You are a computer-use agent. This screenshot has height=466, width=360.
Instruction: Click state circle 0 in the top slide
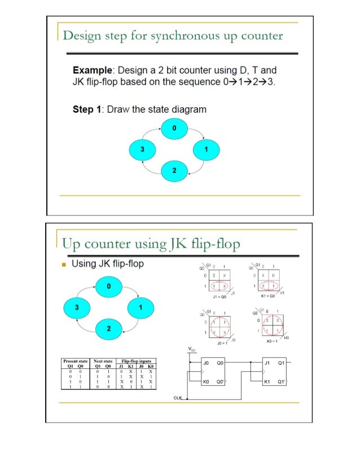pos(174,129)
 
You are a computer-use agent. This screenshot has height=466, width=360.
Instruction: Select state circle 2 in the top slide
pos(174,170)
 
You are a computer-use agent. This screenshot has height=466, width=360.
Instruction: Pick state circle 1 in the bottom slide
pos(140,307)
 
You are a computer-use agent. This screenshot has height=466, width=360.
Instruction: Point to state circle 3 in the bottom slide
pos(77,307)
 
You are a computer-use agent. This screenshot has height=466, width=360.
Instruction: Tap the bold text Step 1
pos(87,109)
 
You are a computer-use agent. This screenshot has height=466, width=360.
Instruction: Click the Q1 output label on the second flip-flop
pos(280,364)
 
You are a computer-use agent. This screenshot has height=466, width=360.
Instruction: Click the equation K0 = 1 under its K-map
pos(270,341)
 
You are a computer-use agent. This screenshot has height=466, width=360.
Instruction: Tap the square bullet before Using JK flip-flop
pos(65,264)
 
